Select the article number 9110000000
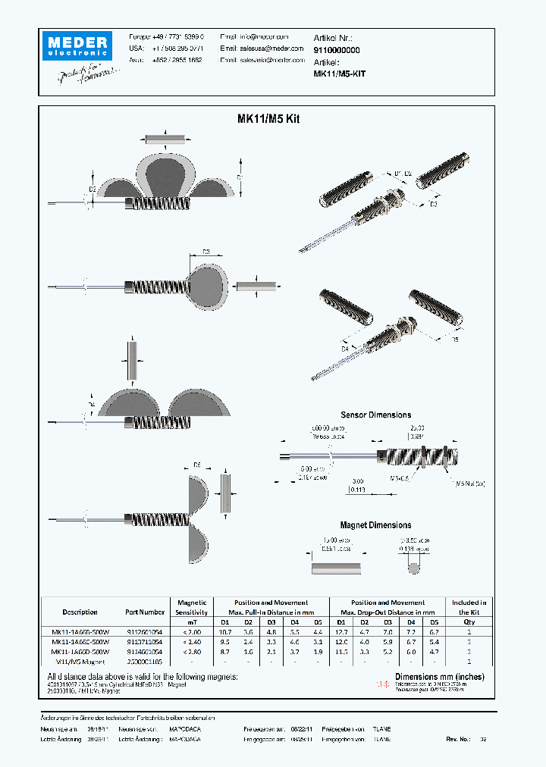click(x=337, y=49)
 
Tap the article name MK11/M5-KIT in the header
click(x=339, y=74)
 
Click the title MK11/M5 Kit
click(x=269, y=119)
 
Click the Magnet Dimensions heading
click(x=375, y=525)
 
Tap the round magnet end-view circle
click(x=414, y=567)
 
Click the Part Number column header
click(x=144, y=612)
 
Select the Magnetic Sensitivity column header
click(x=191, y=607)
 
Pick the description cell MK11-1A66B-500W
click(x=80, y=631)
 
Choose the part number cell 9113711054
click(x=144, y=641)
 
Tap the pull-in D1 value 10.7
click(x=224, y=631)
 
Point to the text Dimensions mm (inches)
click(x=439, y=676)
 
